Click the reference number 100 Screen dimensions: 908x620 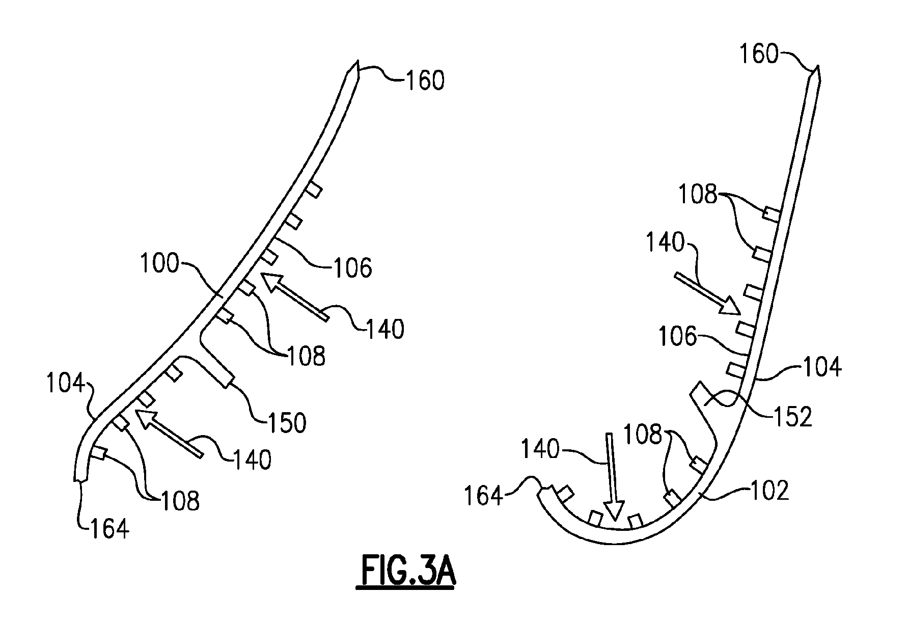click(159, 264)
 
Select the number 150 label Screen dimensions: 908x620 click(287, 423)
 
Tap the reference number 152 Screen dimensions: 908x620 click(792, 417)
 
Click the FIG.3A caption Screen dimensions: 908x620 click(406, 572)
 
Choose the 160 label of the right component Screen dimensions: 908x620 click(759, 54)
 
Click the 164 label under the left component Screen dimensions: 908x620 click(109, 529)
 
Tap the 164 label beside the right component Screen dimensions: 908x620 click(483, 496)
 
